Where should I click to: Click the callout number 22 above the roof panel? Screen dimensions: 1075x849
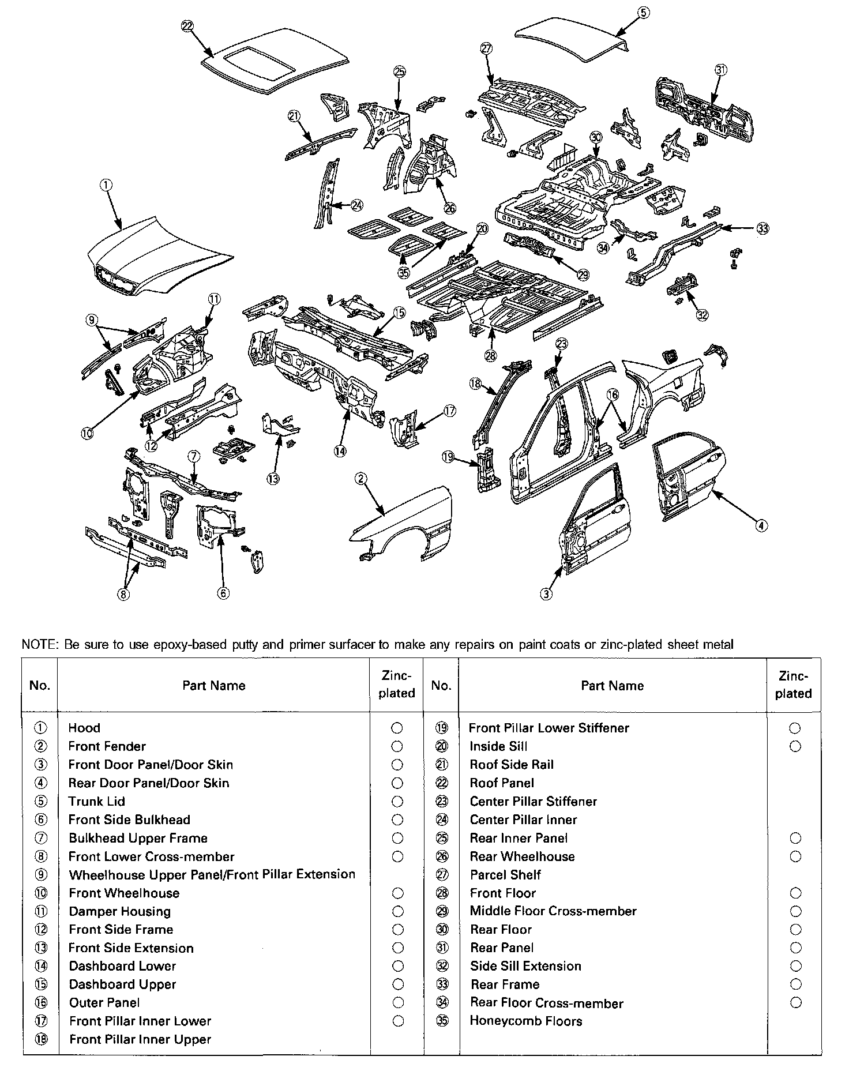(187, 25)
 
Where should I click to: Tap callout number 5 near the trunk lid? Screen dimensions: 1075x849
(644, 12)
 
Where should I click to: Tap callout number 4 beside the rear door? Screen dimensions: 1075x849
(761, 525)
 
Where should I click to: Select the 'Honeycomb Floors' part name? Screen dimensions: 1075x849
(525, 1021)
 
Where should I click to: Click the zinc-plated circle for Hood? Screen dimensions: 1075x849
(397, 728)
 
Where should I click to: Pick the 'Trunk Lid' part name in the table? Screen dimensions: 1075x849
(96, 801)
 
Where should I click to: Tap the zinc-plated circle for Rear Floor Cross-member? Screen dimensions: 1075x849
(795, 1002)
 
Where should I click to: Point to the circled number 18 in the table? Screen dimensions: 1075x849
(41, 1039)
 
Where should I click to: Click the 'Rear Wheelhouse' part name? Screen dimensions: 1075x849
(522, 856)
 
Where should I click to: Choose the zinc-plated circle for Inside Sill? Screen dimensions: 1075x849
(795, 746)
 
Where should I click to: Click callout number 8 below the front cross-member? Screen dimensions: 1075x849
(124, 594)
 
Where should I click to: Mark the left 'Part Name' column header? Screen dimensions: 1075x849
(213, 685)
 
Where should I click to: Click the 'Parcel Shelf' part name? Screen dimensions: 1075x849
(505, 875)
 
